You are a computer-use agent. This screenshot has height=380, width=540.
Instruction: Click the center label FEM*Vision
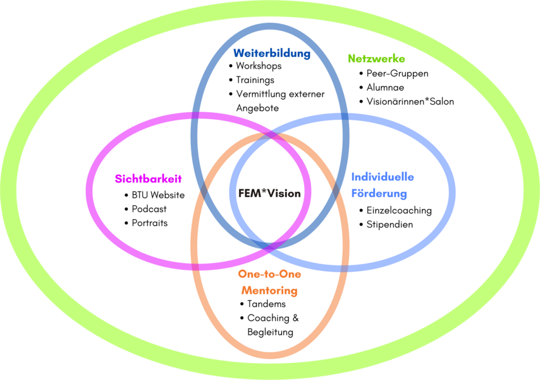[x=269, y=193]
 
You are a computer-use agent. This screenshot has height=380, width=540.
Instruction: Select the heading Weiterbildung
[x=272, y=53]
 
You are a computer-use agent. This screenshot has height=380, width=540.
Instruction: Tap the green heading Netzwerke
[x=376, y=59]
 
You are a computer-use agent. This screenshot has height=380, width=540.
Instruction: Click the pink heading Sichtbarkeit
[x=148, y=179]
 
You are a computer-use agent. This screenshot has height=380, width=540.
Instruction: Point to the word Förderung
[x=379, y=193]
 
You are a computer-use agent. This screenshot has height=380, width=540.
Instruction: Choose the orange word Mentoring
[x=268, y=291]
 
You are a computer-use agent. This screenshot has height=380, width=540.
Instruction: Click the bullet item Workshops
[x=259, y=66]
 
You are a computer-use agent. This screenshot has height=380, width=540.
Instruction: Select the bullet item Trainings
[x=255, y=80]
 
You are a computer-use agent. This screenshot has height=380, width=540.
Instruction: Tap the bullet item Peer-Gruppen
[x=397, y=73]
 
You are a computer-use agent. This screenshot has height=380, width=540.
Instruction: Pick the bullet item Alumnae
[x=385, y=87]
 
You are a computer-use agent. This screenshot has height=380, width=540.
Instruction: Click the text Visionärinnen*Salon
[x=410, y=101]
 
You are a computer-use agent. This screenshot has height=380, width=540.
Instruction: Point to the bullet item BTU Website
[x=158, y=195]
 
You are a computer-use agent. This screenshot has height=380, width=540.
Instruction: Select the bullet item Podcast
[x=149, y=209]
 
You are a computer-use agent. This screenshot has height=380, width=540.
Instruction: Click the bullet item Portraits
[x=150, y=223]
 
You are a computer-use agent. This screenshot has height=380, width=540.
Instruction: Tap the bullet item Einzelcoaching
[x=399, y=210]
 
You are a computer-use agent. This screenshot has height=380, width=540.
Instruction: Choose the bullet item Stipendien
[x=390, y=224]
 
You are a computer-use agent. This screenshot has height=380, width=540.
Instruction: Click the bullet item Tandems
[x=266, y=304]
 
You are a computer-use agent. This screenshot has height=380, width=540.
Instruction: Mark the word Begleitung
[x=270, y=332]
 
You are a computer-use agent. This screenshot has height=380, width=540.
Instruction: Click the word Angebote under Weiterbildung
[x=257, y=108]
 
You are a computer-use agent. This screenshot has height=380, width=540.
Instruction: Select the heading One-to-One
[x=269, y=274]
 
